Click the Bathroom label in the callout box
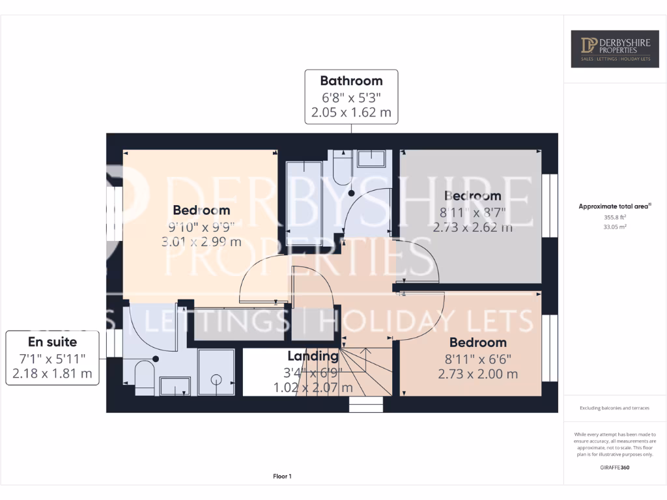pos(351,81)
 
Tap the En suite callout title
pos(52,342)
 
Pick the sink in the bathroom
pos(371,158)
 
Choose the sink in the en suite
pos(175,386)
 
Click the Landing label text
pos(313,356)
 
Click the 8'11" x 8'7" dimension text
pos(472,212)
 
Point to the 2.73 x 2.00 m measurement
pos(477,374)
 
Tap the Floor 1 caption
pos(282,477)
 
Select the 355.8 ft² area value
pos(615,218)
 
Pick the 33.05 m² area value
pos(615,227)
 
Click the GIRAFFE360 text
pos(615,467)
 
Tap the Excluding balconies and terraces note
pos(615,408)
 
